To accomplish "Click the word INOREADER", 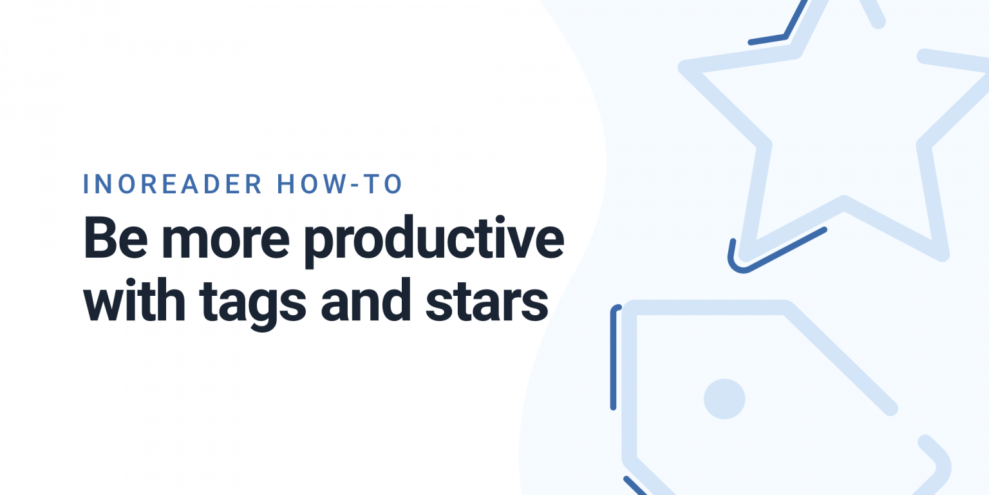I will click(x=173, y=184).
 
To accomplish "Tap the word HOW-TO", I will click(x=339, y=184).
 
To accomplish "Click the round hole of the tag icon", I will click(x=724, y=399).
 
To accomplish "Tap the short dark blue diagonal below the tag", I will click(x=635, y=487).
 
